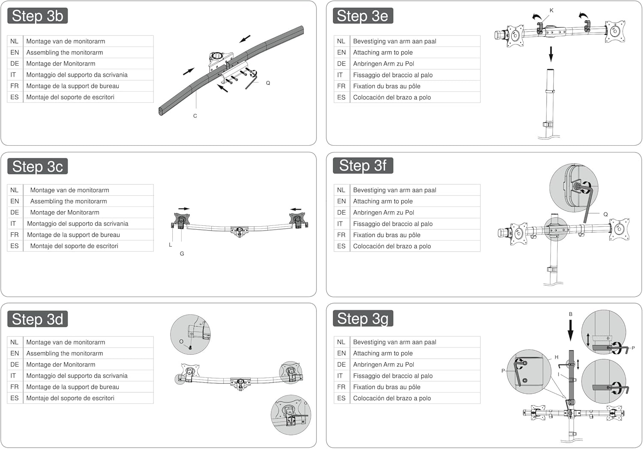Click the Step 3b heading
tap(38, 16)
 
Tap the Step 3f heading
tap(363, 165)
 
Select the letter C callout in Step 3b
tap(195, 116)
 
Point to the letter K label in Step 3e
tap(551, 10)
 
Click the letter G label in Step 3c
tap(182, 254)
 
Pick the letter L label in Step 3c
tap(170, 245)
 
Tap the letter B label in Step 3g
tap(571, 314)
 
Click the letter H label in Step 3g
tap(556, 357)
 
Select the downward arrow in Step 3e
tap(551, 54)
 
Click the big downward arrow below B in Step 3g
tap(571, 330)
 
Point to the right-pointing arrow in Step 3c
tap(184, 209)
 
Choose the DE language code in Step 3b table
tap(15, 63)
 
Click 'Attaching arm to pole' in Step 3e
tap(383, 53)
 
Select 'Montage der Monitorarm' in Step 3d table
tap(60, 364)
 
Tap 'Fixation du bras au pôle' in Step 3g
tap(387, 387)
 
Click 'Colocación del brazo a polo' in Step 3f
tap(392, 246)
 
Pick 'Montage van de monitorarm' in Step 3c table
tap(69, 190)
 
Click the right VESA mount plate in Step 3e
tap(615, 31)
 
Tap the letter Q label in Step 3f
tap(605, 214)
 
